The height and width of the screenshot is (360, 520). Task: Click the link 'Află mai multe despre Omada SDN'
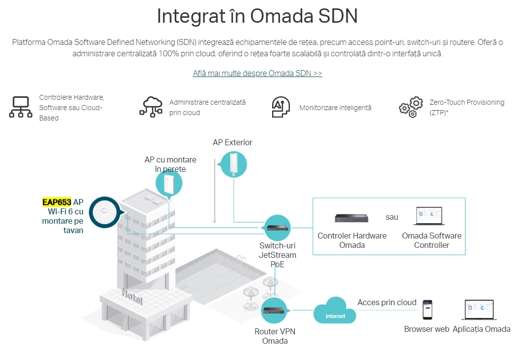pyautogui.click(x=257, y=74)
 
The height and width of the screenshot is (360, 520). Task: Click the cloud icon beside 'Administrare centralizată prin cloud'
pyautogui.click(x=151, y=107)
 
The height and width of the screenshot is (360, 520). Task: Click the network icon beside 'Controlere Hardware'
pyautogui.click(x=21, y=107)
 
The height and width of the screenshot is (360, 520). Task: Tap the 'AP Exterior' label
pyautogui.click(x=233, y=143)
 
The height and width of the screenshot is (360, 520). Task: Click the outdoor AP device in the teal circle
pyautogui.click(x=233, y=164)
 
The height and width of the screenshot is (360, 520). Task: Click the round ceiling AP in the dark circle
pyautogui.click(x=106, y=213)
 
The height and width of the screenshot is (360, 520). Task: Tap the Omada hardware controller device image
pyautogui.click(x=352, y=218)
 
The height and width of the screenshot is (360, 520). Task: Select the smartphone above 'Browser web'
pyautogui.click(x=427, y=310)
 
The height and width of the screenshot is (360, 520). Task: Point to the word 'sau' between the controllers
pyautogui.click(x=392, y=217)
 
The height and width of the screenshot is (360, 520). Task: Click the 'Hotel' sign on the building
pyautogui.click(x=131, y=297)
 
